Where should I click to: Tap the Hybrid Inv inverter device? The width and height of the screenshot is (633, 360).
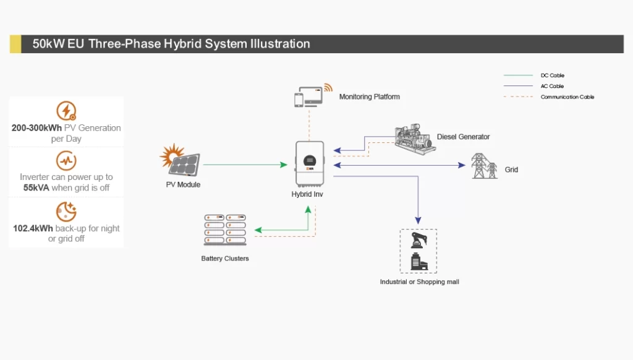(x=310, y=164)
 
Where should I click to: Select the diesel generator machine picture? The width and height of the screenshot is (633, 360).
(x=415, y=139)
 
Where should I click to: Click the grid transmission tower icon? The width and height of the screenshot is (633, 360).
(x=484, y=166)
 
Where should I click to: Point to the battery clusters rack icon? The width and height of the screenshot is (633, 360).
(x=225, y=230)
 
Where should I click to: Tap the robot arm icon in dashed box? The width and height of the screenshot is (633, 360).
(x=418, y=240)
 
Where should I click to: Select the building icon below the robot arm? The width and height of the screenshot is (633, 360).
(x=418, y=261)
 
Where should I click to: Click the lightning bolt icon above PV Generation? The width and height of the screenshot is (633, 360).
(x=66, y=111)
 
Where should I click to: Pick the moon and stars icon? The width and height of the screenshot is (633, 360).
(x=66, y=212)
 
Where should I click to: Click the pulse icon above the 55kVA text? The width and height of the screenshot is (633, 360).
(x=66, y=160)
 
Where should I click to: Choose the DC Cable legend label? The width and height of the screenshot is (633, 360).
(x=552, y=75)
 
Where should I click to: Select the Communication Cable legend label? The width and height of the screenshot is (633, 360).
(x=567, y=97)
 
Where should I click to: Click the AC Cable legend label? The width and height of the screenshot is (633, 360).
(x=552, y=86)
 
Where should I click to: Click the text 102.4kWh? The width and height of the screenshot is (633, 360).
(x=33, y=228)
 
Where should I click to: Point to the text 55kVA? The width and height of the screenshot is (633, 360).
(x=36, y=188)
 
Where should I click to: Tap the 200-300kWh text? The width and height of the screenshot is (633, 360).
(x=36, y=128)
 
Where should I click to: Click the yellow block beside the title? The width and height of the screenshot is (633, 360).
(x=15, y=44)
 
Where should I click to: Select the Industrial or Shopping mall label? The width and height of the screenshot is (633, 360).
(x=420, y=282)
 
